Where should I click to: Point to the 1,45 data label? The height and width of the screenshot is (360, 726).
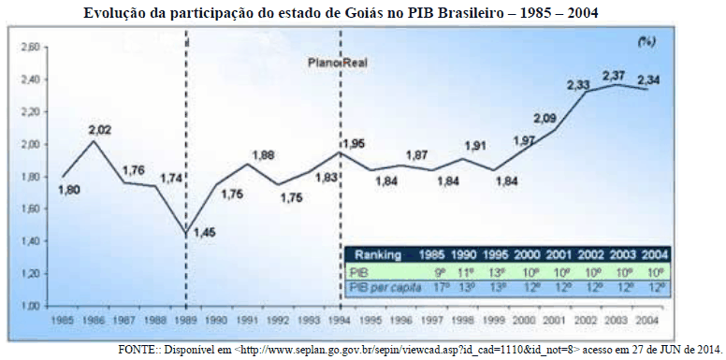pyautogui.click(x=204, y=232)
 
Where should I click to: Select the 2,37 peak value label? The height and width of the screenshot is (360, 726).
pyautogui.click(x=614, y=75)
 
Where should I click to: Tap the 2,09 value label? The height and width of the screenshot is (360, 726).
pyautogui.click(x=545, y=118)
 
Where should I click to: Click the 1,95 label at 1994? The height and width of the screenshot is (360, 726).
pyautogui.click(x=353, y=143)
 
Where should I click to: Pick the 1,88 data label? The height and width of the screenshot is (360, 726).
pyautogui.click(x=263, y=155)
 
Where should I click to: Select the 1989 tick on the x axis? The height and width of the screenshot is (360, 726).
pyautogui.click(x=185, y=320)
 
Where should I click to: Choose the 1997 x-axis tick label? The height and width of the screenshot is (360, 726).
pyautogui.click(x=432, y=320)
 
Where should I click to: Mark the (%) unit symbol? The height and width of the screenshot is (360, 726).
pyautogui.click(x=646, y=41)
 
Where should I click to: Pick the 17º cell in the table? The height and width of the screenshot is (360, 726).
pyautogui.click(x=432, y=285)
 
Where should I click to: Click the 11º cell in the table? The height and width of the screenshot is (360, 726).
pyautogui.click(x=464, y=269)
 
